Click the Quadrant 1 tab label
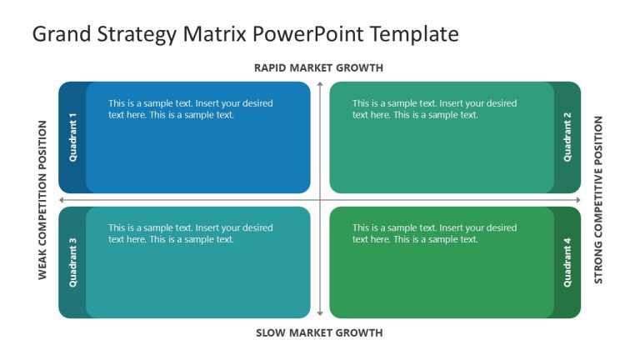tap(72, 137)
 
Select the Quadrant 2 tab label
tap(567, 137)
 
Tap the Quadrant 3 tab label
tap(72, 262)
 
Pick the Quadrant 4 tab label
tap(567, 262)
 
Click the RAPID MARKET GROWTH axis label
tap(318, 68)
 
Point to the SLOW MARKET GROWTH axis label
tap(318, 333)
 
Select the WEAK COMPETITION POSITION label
tap(43, 200)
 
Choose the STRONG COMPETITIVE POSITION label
tap(597, 200)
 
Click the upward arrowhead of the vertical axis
tap(320, 84)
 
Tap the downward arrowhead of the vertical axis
tap(320, 314)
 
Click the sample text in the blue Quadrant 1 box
tap(190, 109)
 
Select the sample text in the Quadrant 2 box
tap(434, 109)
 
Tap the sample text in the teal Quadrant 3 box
tap(190, 233)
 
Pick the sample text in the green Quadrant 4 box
tap(434, 233)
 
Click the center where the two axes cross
tap(320, 200)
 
